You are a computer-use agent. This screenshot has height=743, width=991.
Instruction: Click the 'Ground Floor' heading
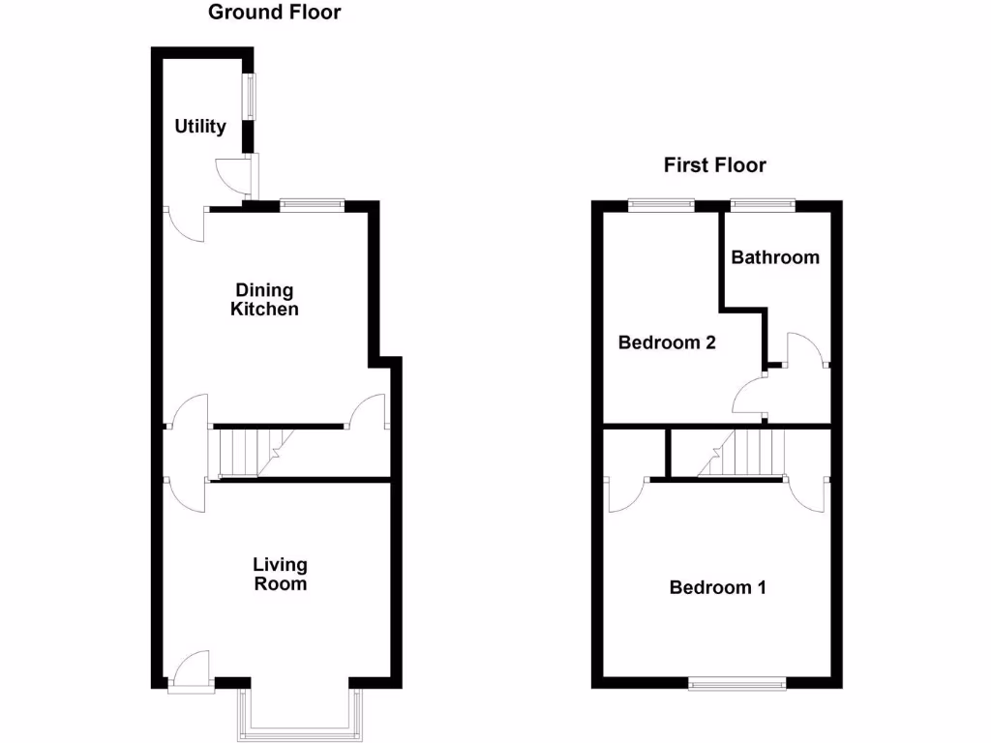275,13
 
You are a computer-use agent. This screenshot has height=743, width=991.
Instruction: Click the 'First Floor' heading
714,165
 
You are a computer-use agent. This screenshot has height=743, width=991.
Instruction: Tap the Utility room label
200,127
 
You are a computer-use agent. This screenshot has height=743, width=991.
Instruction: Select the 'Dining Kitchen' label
264,300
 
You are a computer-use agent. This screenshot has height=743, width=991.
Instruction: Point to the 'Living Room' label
280,574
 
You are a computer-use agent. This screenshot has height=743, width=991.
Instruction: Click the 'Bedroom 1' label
717,587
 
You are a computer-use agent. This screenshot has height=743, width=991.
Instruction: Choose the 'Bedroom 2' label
667,342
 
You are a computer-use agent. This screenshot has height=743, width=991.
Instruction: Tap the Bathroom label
774,257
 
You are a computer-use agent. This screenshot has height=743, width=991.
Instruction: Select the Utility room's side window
249,97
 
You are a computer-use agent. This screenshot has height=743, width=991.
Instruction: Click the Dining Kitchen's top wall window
312,203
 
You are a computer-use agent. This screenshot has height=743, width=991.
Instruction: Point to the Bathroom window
763,203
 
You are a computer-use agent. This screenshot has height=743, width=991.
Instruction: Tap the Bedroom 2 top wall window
661,203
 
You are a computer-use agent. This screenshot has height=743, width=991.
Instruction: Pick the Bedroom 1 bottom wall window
737,684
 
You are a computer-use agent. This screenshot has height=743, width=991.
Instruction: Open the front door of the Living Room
192,669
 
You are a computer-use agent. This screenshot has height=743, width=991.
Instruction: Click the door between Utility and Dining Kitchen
186,223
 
